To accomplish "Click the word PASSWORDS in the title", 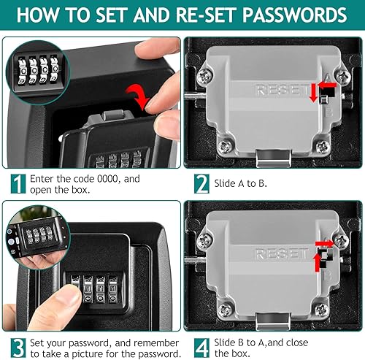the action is tap(295, 15).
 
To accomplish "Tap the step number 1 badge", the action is tap(18, 184).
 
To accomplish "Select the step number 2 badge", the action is tap(201, 184).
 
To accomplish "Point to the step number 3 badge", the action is tap(18, 348).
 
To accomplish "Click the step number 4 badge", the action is tap(201, 348).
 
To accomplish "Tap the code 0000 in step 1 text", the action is tap(107, 179).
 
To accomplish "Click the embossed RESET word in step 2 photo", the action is tap(281, 90).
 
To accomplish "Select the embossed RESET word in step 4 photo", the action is tap(281, 253).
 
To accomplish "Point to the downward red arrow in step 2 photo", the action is tap(313, 93).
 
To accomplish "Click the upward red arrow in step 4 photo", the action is tap(317, 263).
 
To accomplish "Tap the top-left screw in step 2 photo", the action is tap(204, 76).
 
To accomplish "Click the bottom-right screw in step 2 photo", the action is tap(323, 147).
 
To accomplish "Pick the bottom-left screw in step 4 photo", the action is tap(226, 311).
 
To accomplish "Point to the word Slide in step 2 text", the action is tap(225, 183).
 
